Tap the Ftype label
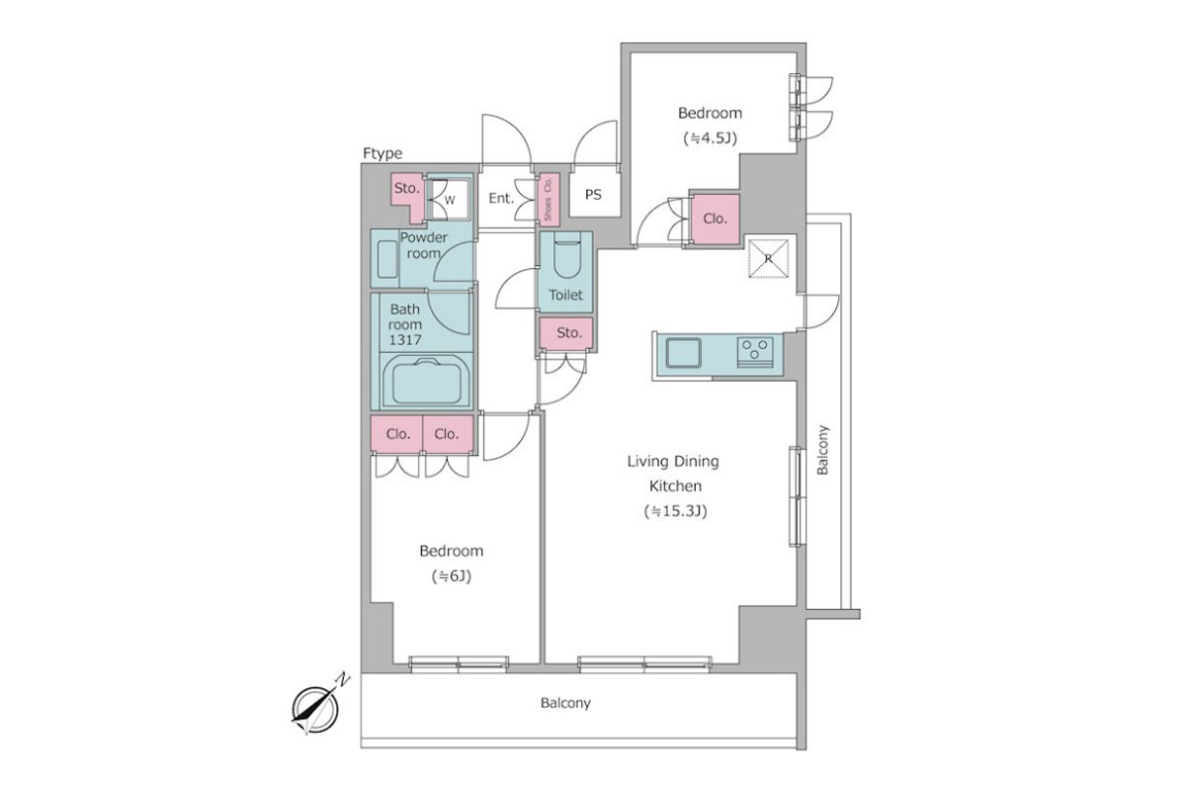click(382, 153)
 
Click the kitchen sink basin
click(683, 353)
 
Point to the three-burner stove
click(754, 352)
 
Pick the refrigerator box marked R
click(768, 258)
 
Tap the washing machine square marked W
click(448, 200)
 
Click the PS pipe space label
click(593, 195)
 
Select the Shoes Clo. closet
click(548, 198)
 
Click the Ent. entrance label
click(501, 199)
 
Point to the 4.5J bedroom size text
click(710, 138)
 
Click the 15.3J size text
click(676, 511)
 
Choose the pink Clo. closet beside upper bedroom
click(715, 219)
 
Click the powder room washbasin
click(387, 259)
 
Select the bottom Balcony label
click(565, 703)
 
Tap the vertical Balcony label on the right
click(822, 450)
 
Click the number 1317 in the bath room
click(405, 340)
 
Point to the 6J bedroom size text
click(451, 576)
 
